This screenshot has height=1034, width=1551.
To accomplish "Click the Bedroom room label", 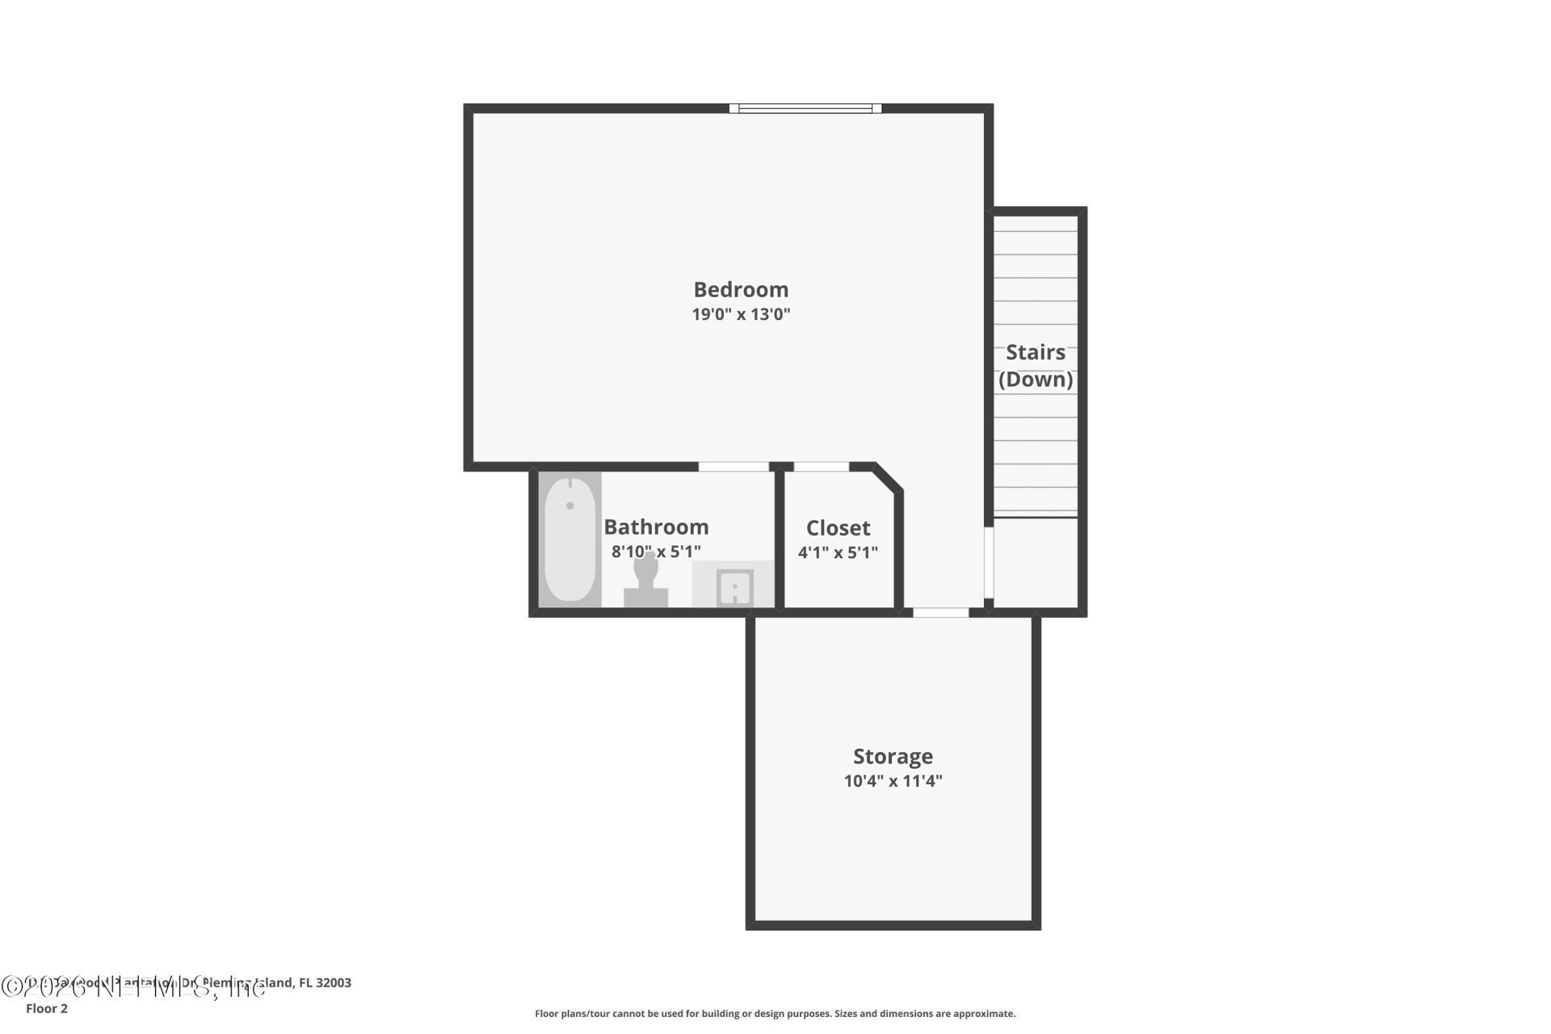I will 741,289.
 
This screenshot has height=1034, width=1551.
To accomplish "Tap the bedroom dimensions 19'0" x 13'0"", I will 741,314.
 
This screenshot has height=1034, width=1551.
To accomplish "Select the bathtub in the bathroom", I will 570,539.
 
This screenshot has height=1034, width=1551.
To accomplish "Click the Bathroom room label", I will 656,527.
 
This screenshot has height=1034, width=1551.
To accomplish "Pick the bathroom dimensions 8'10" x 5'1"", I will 656,552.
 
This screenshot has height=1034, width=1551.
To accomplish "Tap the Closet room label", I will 838,528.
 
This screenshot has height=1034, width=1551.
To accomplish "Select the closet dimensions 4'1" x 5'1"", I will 838,553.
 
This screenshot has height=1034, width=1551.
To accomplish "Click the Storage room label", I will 893,756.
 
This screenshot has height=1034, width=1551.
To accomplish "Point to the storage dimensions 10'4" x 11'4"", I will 893,781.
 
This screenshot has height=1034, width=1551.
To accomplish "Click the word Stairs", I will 1036,352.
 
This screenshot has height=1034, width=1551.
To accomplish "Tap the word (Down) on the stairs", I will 1036,379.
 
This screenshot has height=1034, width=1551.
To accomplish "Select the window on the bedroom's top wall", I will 805,108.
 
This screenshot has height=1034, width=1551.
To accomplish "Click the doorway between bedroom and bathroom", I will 733,467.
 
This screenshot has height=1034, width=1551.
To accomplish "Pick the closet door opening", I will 822,467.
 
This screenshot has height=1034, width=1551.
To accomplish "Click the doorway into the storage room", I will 940,613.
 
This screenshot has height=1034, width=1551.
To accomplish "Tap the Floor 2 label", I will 47,1008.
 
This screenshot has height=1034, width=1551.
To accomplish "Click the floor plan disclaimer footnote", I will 775,1014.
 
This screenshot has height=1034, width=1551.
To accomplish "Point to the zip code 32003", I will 334,983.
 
